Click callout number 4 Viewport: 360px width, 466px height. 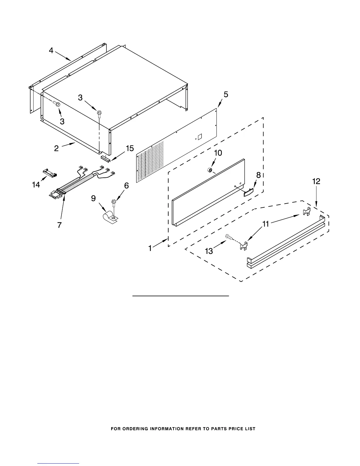(51, 51)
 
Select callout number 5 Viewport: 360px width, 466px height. (226, 94)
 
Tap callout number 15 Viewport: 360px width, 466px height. (130, 149)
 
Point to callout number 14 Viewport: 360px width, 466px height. (36, 185)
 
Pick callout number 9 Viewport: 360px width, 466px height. (93, 198)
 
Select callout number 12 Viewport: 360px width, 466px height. (316, 182)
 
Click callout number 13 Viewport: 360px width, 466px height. (209, 251)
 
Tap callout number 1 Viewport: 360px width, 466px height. (150, 248)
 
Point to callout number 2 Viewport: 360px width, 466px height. (56, 148)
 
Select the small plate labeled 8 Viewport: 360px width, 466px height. (249, 192)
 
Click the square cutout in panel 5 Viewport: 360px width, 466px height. (199, 137)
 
